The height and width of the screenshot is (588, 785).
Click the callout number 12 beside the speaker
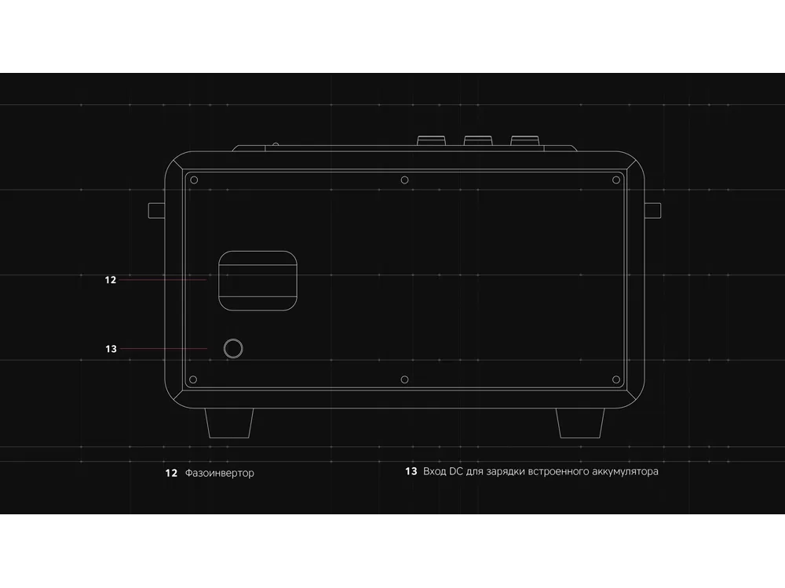[111, 280]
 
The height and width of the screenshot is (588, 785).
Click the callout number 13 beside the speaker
[111, 349]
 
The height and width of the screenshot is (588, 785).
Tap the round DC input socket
[233, 349]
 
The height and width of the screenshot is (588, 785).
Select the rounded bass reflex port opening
[257, 281]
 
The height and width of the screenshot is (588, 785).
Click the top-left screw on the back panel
[194, 180]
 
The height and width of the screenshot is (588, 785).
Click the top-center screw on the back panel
[404, 180]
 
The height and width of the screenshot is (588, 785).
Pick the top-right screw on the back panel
[616, 180]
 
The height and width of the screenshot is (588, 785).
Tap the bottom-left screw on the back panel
[193, 379]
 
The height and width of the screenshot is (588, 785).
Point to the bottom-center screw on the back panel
[404, 379]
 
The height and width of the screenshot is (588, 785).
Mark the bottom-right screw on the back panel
[616, 379]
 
